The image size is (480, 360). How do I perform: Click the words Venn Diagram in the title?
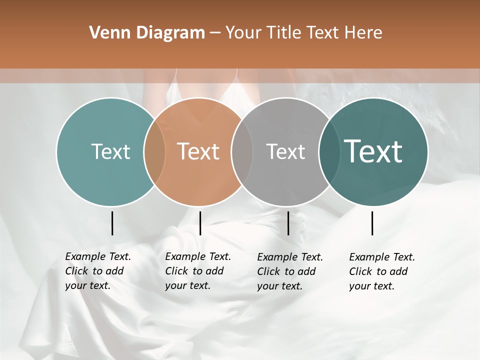pyautogui.click(x=147, y=33)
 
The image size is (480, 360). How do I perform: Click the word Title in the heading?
pyautogui.click(x=284, y=33)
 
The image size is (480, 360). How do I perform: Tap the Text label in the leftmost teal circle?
pyautogui.click(x=110, y=151)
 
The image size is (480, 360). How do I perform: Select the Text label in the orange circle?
pyautogui.click(x=198, y=151)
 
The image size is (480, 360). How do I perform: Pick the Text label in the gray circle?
pyautogui.click(x=285, y=151)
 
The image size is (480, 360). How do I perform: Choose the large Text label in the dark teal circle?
pyautogui.click(x=373, y=151)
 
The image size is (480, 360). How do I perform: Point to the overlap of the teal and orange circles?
pyautogui.click(x=154, y=151)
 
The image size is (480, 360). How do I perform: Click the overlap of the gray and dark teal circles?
pyautogui.click(x=328, y=151)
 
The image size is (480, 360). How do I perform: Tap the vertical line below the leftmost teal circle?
pyautogui.click(x=112, y=223)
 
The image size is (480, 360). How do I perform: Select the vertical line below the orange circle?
pyautogui.click(x=200, y=223)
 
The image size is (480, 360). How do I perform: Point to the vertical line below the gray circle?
pyautogui.click(x=288, y=223)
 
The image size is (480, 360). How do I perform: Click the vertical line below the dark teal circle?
pyautogui.click(x=372, y=223)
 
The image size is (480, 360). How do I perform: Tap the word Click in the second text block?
pyautogui.click(x=176, y=271)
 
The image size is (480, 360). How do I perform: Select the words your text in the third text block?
pyautogui.click(x=280, y=286)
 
